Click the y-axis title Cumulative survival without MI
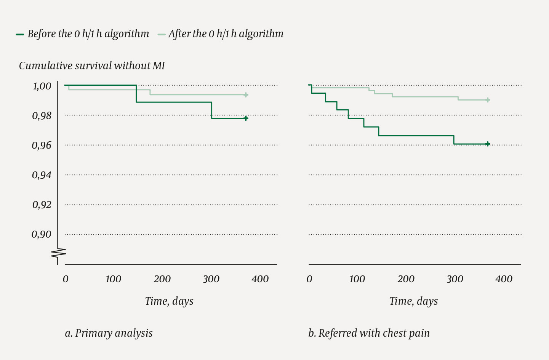click(92, 66)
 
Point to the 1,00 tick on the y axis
click(42, 86)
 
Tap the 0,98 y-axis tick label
click(42, 116)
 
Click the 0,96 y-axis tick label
click(42, 146)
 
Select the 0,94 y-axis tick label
click(42, 175)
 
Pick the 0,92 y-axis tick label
click(42, 205)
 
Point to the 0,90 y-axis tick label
click(42, 235)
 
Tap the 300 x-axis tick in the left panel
click(211, 279)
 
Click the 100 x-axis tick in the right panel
click(357, 279)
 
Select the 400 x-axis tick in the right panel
click(504, 279)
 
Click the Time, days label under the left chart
click(169, 301)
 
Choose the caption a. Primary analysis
click(109, 333)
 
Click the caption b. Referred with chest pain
click(369, 333)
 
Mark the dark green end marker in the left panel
click(246, 118)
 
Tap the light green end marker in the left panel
click(246, 95)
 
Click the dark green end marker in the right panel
click(488, 144)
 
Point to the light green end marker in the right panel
click(488, 100)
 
